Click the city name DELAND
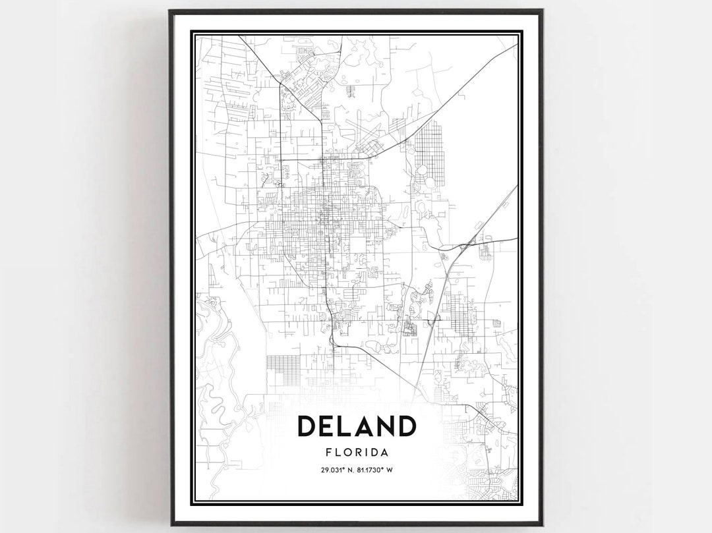(357, 426)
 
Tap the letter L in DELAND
(347, 426)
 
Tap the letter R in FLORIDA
(357, 453)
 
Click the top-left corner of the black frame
(170, 11)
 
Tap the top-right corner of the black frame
(542, 11)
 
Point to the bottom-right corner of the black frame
(542, 524)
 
